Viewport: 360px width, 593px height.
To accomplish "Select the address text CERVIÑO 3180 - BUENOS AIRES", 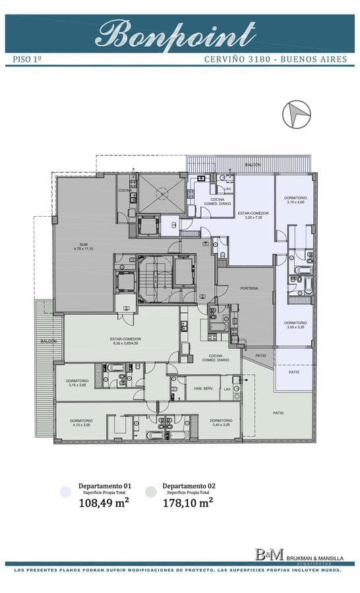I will [275, 59].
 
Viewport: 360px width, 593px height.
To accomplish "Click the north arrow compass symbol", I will [296, 115].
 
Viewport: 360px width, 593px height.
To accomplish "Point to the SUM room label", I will [83, 246].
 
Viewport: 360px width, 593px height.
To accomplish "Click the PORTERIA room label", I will [249, 288].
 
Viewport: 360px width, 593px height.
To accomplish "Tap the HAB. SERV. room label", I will [202, 387].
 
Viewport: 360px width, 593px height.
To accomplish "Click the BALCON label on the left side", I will [48, 341].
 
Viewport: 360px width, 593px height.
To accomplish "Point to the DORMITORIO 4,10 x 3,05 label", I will [83, 422].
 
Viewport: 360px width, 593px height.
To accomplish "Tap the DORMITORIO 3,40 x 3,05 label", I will [220, 422].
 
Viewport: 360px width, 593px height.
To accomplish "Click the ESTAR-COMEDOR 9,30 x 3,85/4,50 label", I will [126, 341].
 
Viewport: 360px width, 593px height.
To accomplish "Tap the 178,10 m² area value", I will [188, 503].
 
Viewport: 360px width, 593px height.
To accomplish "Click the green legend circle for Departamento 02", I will [151, 492].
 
